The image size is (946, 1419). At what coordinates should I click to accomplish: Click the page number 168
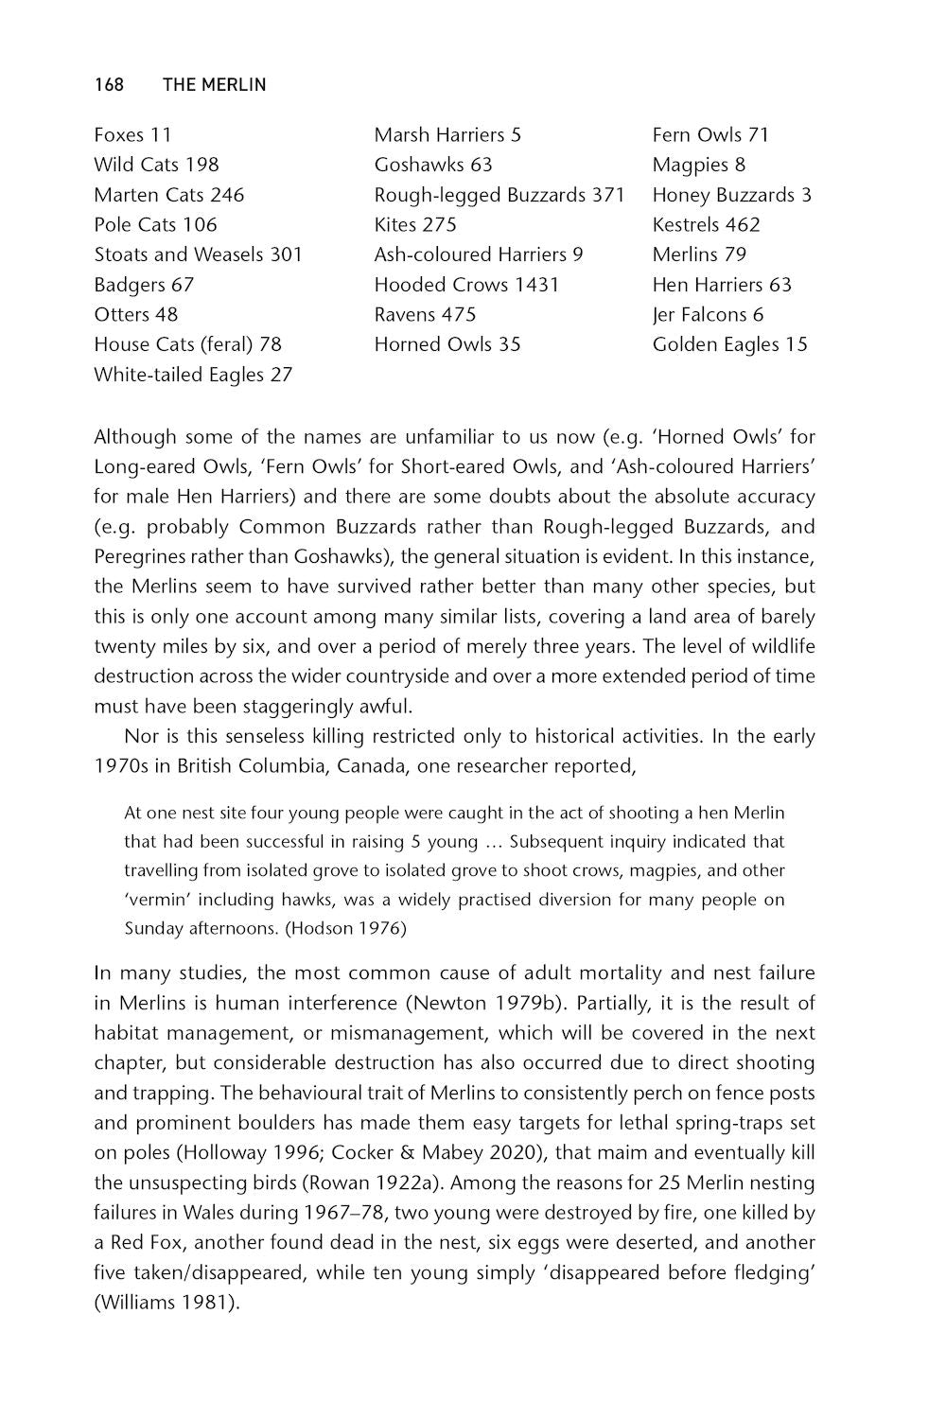(x=109, y=85)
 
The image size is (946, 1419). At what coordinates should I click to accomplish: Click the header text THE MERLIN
(x=214, y=85)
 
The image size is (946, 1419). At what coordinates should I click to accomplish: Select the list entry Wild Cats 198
(x=156, y=165)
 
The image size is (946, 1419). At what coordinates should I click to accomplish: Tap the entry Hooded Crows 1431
(x=466, y=285)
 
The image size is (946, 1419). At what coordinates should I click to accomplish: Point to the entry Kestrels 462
(x=706, y=224)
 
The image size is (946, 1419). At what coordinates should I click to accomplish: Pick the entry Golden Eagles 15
(x=729, y=344)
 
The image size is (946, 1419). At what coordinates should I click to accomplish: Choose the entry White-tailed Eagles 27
(x=193, y=375)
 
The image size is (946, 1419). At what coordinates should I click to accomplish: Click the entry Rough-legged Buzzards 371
(x=499, y=195)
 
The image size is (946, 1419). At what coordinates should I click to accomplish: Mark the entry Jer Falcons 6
(x=708, y=314)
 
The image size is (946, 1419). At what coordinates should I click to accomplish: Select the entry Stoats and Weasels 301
(x=198, y=254)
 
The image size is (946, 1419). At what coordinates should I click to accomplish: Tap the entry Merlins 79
(x=699, y=254)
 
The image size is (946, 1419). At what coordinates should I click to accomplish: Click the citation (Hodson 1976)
(x=345, y=928)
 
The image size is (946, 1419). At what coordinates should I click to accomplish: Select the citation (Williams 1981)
(x=166, y=1303)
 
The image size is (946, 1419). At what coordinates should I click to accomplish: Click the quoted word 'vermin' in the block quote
(x=155, y=900)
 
